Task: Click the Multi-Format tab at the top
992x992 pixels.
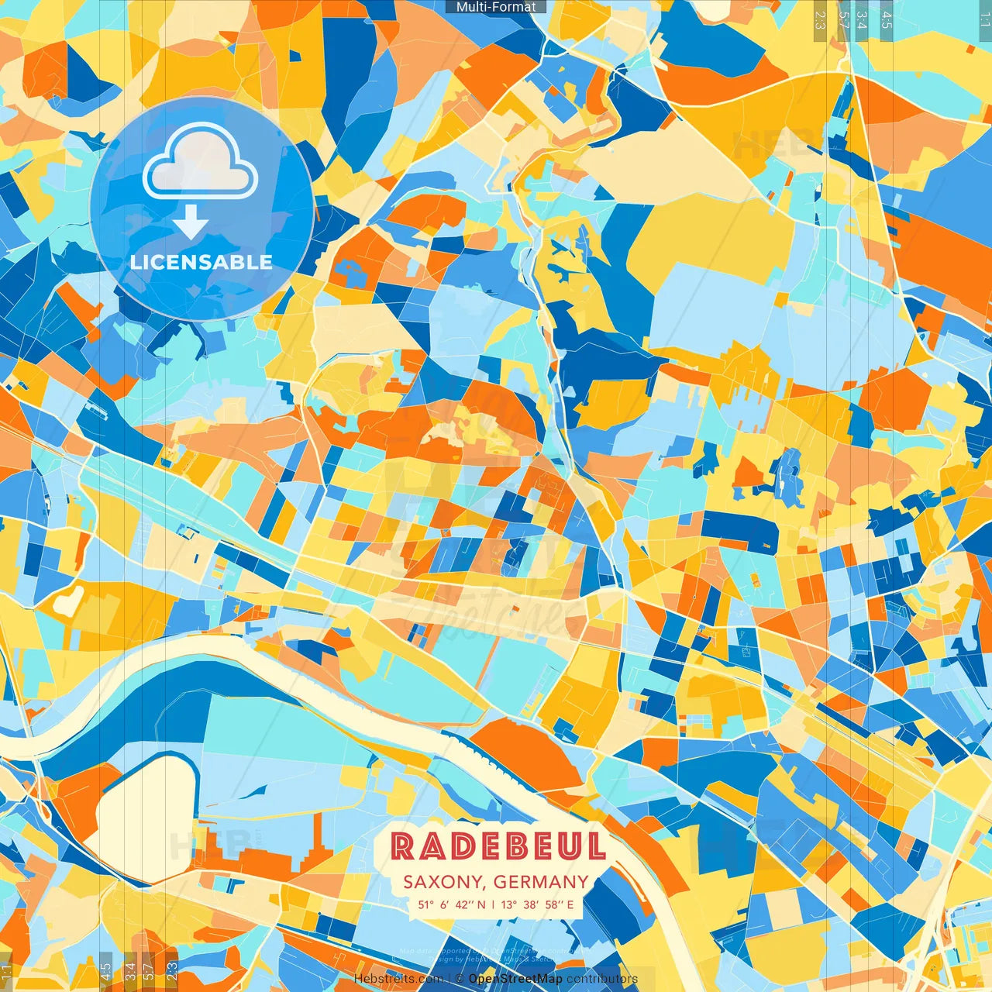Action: [x=496, y=7]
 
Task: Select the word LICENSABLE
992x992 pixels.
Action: [x=201, y=262]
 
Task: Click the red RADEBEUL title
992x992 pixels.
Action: [x=498, y=846]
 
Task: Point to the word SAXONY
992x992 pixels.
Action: [x=444, y=882]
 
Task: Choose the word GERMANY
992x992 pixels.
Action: [x=541, y=882]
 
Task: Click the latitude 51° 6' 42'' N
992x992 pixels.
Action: [x=452, y=904]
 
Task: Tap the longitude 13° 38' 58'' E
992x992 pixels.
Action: [x=538, y=904]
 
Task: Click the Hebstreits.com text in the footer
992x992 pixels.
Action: [x=398, y=979]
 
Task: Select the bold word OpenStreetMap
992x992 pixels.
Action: [x=515, y=979]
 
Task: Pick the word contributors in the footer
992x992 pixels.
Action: [x=602, y=979]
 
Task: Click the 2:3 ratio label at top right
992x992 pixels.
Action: [x=820, y=20]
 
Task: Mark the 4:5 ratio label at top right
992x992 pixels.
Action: [x=887, y=20]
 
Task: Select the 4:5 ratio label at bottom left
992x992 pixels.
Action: [x=105, y=970]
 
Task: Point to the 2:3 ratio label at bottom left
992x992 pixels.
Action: [x=172, y=970]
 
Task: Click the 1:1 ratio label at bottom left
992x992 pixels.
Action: [x=6, y=970]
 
